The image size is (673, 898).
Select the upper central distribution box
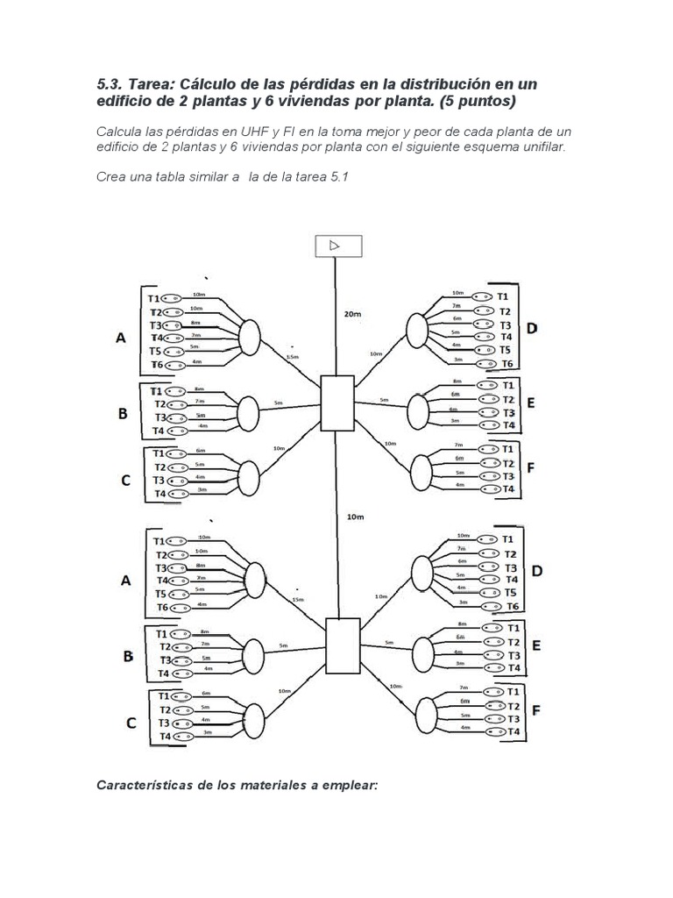click(336, 403)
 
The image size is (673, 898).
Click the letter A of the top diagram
click(121, 337)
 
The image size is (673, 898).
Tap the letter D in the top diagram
click(531, 329)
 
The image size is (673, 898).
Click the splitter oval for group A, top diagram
click(250, 336)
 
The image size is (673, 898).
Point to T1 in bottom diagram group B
click(162, 634)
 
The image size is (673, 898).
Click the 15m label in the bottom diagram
click(297, 600)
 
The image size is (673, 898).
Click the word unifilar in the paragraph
click(542, 146)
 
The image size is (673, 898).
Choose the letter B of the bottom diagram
click(128, 655)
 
